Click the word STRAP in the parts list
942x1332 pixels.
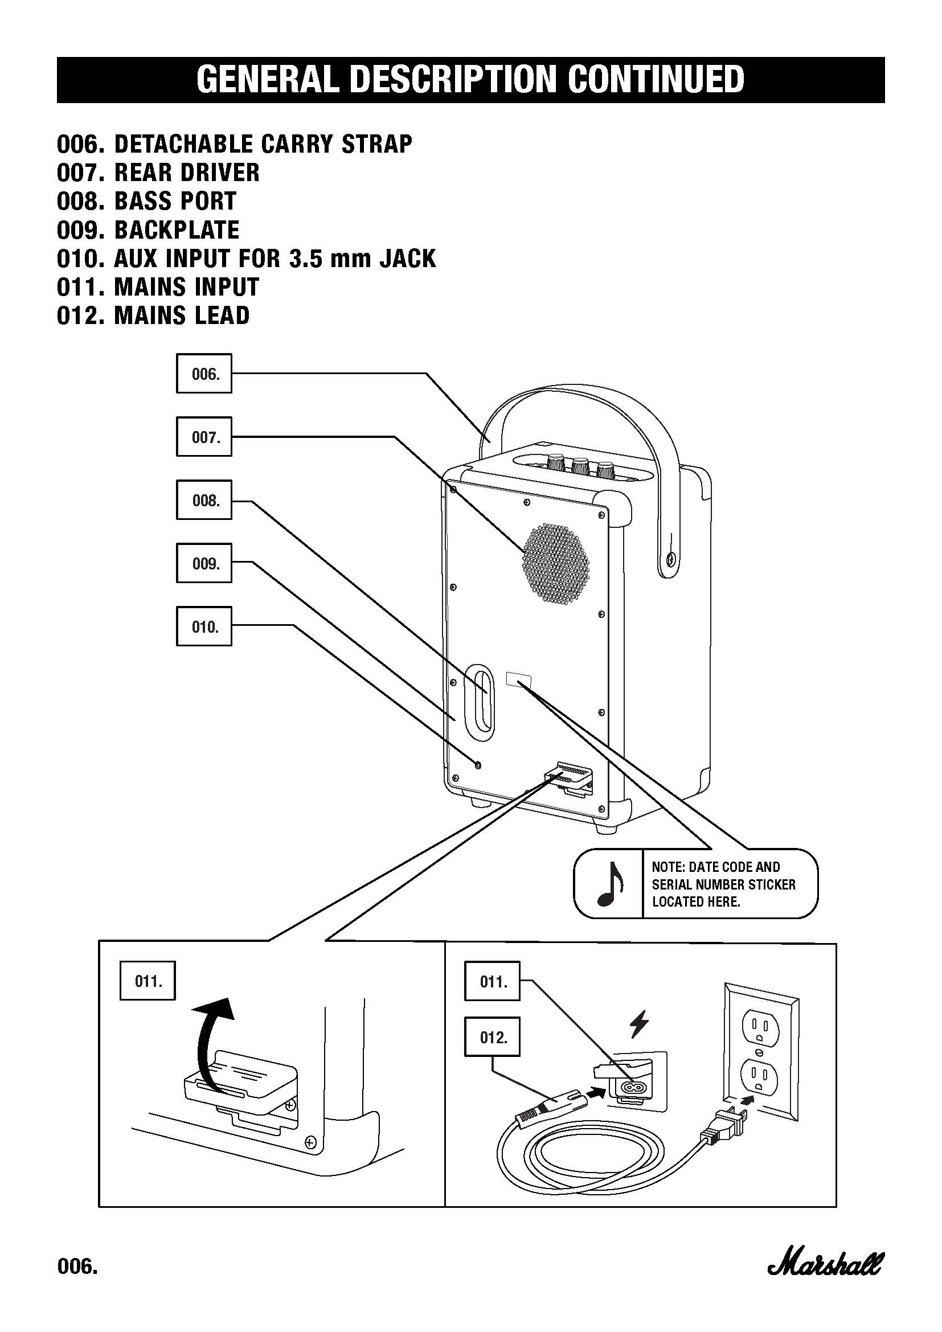tap(376, 144)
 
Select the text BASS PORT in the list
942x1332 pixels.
tap(175, 201)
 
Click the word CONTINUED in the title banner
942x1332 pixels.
tap(656, 80)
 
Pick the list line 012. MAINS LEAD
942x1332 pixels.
tap(153, 315)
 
